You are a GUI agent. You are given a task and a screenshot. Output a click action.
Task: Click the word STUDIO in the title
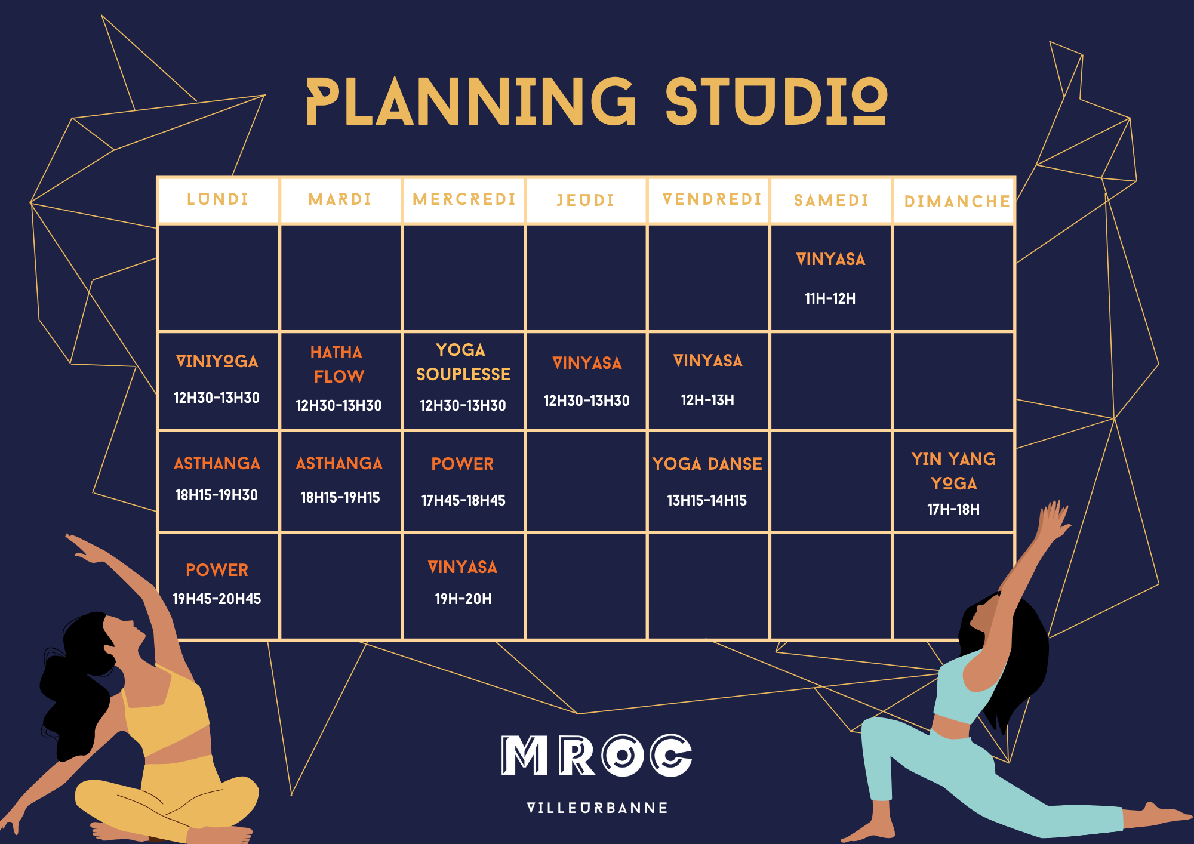click(x=776, y=101)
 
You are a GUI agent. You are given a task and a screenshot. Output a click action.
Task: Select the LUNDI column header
click(x=218, y=199)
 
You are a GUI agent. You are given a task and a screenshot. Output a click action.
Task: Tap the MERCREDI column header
click(x=464, y=199)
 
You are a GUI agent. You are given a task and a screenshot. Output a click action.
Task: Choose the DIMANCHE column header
click(x=957, y=202)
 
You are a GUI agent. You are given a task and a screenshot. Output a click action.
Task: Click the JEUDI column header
click(x=586, y=201)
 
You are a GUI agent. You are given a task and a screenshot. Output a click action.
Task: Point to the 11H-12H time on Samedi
click(x=830, y=298)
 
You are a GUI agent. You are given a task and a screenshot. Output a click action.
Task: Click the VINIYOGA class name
click(x=217, y=361)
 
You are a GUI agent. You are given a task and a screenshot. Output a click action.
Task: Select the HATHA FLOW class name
click(x=337, y=364)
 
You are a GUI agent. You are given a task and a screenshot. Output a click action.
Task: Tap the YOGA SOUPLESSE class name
click(x=463, y=362)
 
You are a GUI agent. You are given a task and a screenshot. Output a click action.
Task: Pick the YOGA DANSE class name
click(x=707, y=464)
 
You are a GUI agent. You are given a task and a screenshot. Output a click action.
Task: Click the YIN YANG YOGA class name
click(x=954, y=471)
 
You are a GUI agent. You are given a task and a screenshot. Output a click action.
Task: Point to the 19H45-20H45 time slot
click(x=217, y=599)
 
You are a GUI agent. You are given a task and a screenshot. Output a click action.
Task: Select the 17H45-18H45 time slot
click(x=463, y=500)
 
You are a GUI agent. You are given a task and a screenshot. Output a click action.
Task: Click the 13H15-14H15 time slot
click(x=707, y=500)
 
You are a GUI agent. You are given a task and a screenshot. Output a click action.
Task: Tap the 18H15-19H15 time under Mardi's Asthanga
click(x=340, y=497)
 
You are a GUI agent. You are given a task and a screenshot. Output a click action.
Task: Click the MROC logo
click(x=596, y=755)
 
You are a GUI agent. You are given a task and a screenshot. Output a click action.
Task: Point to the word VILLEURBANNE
click(x=597, y=808)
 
